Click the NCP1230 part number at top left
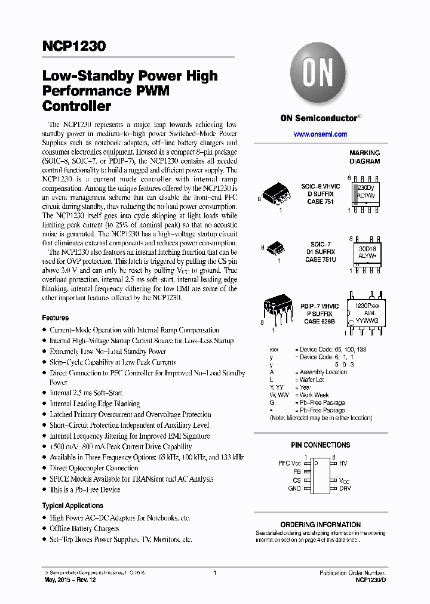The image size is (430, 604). pos(73,46)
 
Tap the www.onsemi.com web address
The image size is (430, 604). pos(321,134)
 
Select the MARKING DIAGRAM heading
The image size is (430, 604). pos(364,157)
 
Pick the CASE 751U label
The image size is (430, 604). pos(321,260)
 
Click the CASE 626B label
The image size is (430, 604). pos(321,321)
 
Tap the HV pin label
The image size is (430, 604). pos(343,463)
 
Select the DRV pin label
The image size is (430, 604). pos(345,488)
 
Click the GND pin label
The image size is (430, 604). pos(294,488)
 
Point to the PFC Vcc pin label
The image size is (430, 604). pos(290,463)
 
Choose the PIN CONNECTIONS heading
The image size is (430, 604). pos(320,445)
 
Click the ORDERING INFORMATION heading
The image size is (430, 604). pos(320,525)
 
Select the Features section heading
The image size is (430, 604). pos(55,318)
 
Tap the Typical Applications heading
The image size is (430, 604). pos(72,506)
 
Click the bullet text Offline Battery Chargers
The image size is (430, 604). pos(84,529)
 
